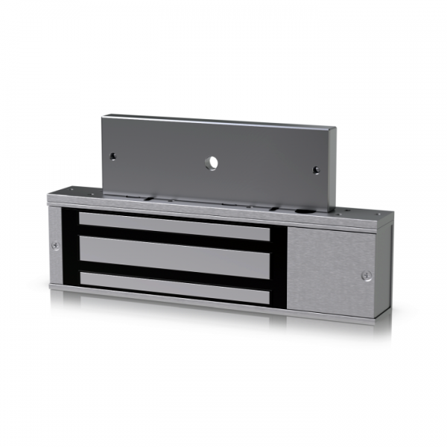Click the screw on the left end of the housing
pyautogui.click(x=56, y=247)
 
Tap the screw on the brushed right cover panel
pyautogui.click(x=365, y=275)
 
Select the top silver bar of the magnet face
pyautogui.click(x=174, y=226)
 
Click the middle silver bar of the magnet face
pyautogui.click(x=174, y=254)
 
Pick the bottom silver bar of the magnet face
pyautogui.click(x=174, y=284)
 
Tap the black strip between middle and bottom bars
pyautogui.click(x=174, y=269)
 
